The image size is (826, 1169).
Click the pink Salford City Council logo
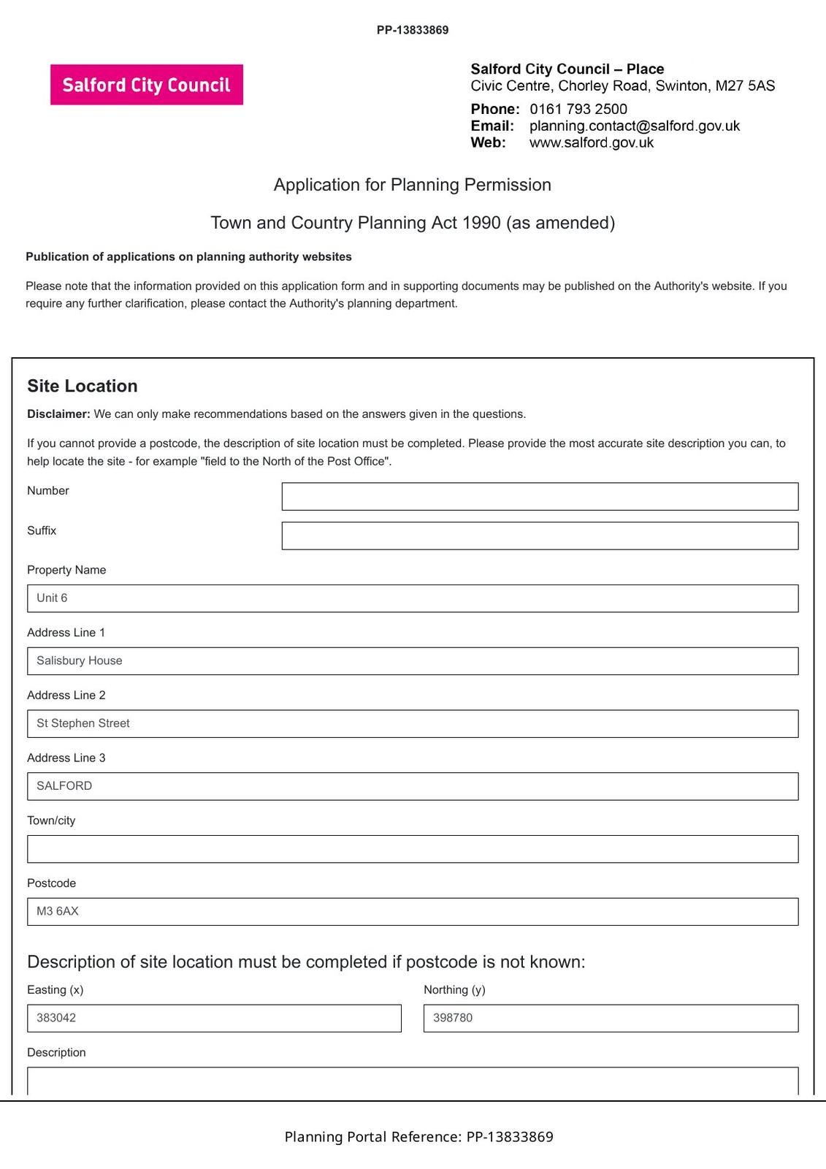pos(146,85)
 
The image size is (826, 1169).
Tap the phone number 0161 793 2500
pos(578,109)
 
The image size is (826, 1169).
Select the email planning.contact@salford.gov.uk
pos(634,126)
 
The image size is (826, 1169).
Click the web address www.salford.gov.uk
pos(591,142)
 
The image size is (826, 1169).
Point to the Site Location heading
pos(82,386)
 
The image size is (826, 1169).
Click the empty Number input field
pos(540,496)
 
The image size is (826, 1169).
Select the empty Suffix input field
pos(540,536)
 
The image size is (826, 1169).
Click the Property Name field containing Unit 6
pos(413,598)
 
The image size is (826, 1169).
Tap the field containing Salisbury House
pos(413,660)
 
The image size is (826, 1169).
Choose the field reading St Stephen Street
pos(413,723)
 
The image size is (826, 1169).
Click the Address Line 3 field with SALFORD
pos(413,786)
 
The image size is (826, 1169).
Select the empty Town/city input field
pos(413,849)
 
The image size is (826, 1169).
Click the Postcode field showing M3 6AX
pos(413,912)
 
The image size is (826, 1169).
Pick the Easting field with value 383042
pos(214,1018)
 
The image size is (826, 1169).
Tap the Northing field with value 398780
pos(611,1018)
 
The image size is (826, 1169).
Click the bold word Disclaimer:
pos(58,414)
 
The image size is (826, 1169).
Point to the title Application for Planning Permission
pos(412,185)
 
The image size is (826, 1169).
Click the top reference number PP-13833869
pos(413,30)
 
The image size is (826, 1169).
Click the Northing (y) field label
pos(454,990)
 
